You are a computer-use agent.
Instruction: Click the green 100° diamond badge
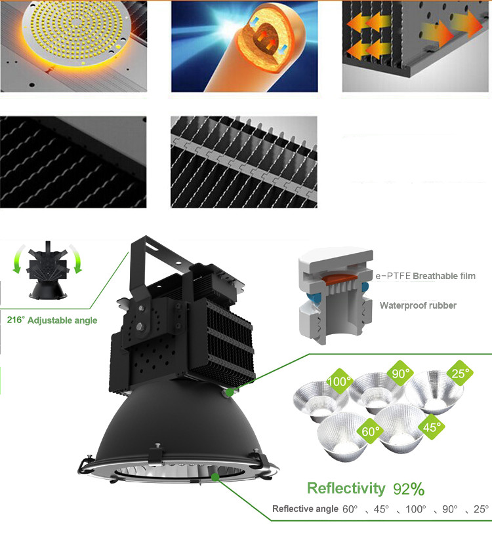(339, 381)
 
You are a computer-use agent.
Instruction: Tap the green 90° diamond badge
(400, 373)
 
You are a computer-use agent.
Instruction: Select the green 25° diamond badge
(460, 373)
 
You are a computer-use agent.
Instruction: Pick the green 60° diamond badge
(370, 431)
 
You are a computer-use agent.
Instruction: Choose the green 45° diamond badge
(432, 427)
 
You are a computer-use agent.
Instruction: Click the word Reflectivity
(346, 488)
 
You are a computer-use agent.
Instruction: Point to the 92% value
(409, 489)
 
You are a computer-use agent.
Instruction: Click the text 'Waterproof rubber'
(418, 305)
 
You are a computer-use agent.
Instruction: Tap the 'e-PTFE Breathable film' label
(426, 276)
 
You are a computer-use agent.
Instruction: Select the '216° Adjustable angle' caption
(52, 320)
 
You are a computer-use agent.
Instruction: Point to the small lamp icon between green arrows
(48, 270)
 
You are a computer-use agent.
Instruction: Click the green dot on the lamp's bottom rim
(215, 476)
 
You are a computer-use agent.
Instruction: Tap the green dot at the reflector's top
(230, 392)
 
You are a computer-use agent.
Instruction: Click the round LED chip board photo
(73, 46)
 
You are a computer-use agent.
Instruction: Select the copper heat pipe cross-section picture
(245, 46)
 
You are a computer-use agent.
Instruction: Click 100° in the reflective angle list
(415, 509)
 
